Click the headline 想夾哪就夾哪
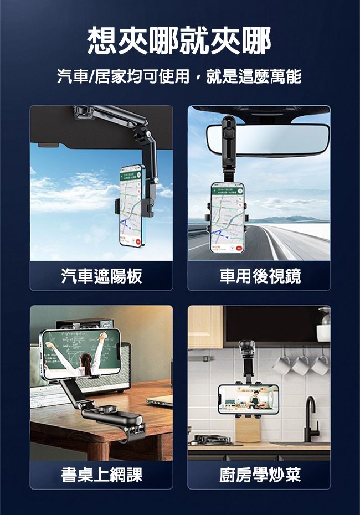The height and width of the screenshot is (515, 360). coord(179,42)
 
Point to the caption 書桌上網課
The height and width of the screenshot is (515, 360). coord(101,475)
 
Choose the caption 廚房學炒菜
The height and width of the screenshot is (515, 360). coord(259,475)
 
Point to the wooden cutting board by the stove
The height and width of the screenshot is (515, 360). coord(248,429)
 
